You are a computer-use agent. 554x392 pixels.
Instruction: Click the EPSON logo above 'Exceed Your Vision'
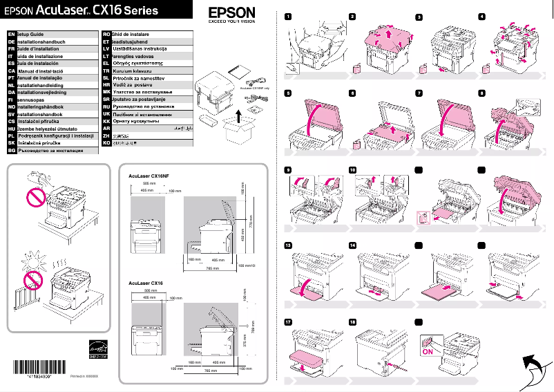(231, 13)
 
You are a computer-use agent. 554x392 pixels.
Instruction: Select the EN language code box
(10, 33)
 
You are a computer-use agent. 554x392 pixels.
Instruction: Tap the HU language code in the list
(10, 129)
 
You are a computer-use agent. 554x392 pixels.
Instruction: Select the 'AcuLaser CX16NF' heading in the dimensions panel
(149, 176)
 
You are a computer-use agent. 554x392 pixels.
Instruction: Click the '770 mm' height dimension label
(251, 225)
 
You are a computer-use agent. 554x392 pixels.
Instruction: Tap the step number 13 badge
(287, 245)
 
